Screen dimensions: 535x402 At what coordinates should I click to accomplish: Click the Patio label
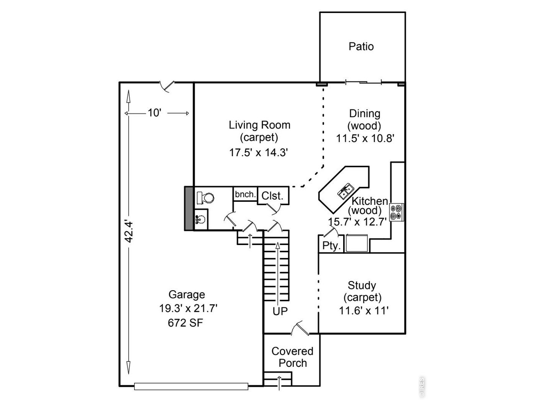click(x=361, y=46)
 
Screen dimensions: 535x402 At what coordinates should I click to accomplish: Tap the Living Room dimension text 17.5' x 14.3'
click(x=259, y=152)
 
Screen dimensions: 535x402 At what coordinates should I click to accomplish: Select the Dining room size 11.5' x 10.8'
click(x=365, y=138)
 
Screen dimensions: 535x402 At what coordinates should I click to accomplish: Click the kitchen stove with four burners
click(x=396, y=212)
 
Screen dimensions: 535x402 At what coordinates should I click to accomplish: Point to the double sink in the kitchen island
click(x=346, y=191)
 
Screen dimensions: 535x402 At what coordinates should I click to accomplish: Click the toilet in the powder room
click(x=206, y=198)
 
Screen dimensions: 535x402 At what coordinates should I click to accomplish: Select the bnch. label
click(x=245, y=194)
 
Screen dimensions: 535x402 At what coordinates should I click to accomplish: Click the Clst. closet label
click(x=272, y=196)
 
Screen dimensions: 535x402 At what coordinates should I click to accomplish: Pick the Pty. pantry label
click(x=331, y=245)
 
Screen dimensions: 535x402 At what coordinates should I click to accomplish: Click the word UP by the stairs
click(x=280, y=311)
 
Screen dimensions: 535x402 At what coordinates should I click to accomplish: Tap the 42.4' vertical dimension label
click(x=128, y=232)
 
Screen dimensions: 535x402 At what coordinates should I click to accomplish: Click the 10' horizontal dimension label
click(x=155, y=113)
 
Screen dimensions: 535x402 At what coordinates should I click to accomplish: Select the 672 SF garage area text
click(x=185, y=323)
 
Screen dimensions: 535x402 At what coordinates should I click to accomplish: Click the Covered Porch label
click(x=293, y=357)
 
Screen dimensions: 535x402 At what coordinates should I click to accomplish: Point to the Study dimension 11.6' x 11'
click(x=363, y=311)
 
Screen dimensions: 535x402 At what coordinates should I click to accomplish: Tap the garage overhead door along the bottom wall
click(x=191, y=387)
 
